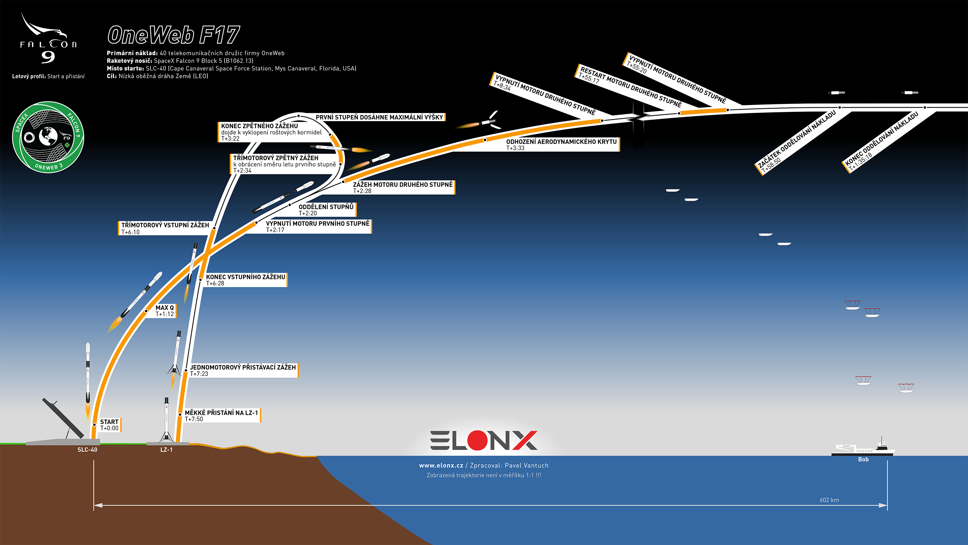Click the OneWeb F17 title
point(174,35)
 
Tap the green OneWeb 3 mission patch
point(48,137)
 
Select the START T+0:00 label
point(109,425)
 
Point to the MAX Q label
point(165,311)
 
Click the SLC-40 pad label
point(87,450)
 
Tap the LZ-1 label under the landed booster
point(166,450)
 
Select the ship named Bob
point(863,448)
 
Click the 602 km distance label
point(829,500)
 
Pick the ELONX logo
point(484,440)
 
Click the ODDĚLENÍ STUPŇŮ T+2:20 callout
point(326,210)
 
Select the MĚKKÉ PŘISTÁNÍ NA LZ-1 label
point(222,416)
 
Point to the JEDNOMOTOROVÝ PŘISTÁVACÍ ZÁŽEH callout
point(243,370)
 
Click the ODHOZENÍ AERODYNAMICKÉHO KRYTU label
point(561,144)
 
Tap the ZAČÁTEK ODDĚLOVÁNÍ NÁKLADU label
point(796,142)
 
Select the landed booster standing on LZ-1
point(166,419)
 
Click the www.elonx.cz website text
point(441,466)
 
